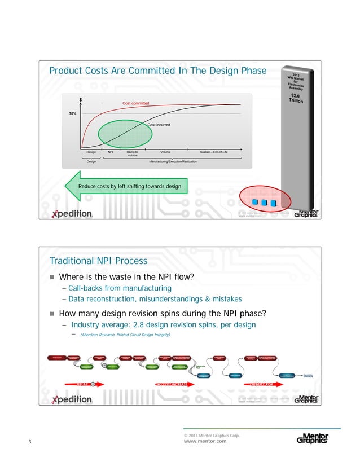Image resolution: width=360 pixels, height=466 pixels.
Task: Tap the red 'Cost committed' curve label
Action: (x=136, y=103)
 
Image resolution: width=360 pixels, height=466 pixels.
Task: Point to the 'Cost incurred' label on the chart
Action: (x=159, y=125)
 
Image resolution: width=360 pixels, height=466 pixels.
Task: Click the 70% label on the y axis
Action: (x=73, y=114)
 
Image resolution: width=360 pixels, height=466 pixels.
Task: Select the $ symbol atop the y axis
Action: (x=80, y=100)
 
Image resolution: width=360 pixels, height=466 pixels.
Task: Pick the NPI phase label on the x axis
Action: (x=111, y=152)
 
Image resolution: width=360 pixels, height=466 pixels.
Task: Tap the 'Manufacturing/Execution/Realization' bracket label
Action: (x=173, y=162)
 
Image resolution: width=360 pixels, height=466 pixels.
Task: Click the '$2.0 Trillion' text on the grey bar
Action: (x=296, y=99)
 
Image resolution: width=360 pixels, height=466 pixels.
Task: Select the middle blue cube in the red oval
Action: (x=264, y=202)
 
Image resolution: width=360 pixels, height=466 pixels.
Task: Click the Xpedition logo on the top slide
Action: (x=72, y=214)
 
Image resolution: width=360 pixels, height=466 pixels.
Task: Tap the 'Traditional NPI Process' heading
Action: (x=98, y=261)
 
